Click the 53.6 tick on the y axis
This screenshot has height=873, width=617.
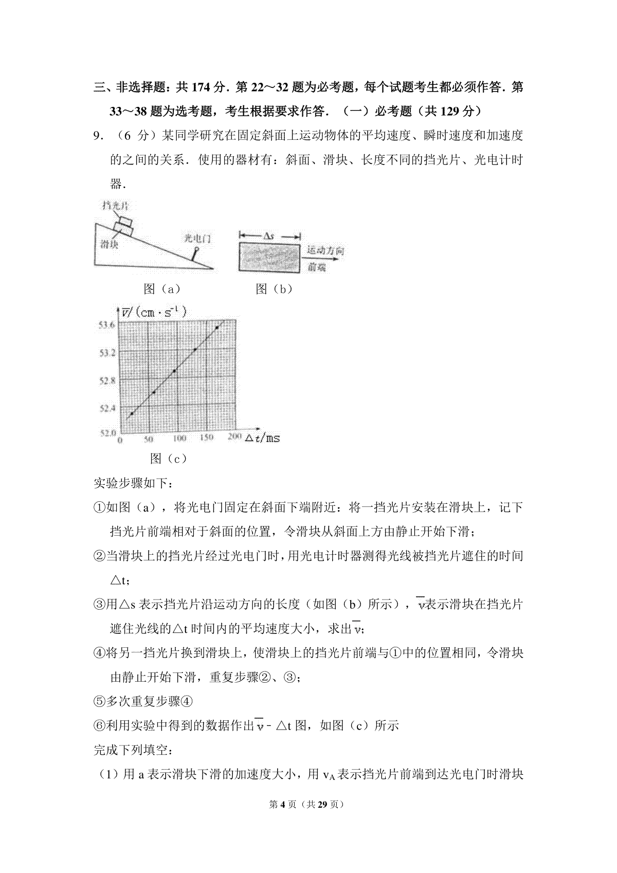pos(107,324)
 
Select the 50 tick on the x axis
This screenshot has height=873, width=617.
pos(149,440)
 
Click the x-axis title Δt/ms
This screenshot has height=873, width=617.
pos(262,438)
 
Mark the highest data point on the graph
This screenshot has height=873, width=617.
pos(217,328)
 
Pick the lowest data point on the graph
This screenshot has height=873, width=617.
pos(132,413)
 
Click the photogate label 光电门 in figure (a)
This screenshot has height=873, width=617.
pos(198,238)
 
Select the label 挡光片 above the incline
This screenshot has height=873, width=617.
pos(115,206)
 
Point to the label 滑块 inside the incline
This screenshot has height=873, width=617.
pos(109,244)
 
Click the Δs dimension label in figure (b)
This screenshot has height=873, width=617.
pos(268,236)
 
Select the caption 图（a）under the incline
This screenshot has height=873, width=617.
pos(162,289)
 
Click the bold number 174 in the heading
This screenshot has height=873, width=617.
pos(202,88)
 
